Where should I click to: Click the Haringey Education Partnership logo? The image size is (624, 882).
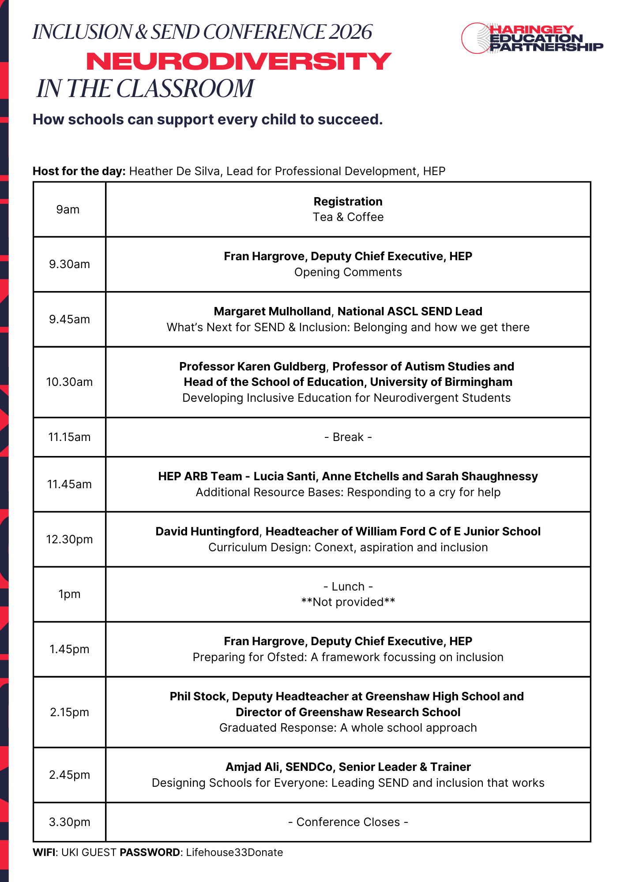[x=532, y=38]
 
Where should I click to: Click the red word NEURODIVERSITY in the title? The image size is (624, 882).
[x=239, y=61]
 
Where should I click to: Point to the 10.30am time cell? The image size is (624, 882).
[x=69, y=382]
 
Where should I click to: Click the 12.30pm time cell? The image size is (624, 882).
[x=69, y=539]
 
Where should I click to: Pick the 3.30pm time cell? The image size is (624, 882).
[x=69, y=822]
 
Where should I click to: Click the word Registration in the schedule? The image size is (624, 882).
[x=348, y=202]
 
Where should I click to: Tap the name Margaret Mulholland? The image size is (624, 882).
[x=272, y=311]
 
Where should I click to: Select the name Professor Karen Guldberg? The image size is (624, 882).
[x=252, y=366]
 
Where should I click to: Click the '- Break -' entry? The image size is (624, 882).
[x=348, y=437]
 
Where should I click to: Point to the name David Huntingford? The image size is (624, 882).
[x=207, y=531]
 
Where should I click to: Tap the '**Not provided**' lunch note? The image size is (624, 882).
[x=348, y=602]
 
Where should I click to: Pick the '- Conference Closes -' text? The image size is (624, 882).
[x=348, y=822]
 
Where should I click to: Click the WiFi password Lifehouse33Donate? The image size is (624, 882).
[x=234, y=852]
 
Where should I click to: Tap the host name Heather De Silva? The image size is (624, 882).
[x=175, y=171]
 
